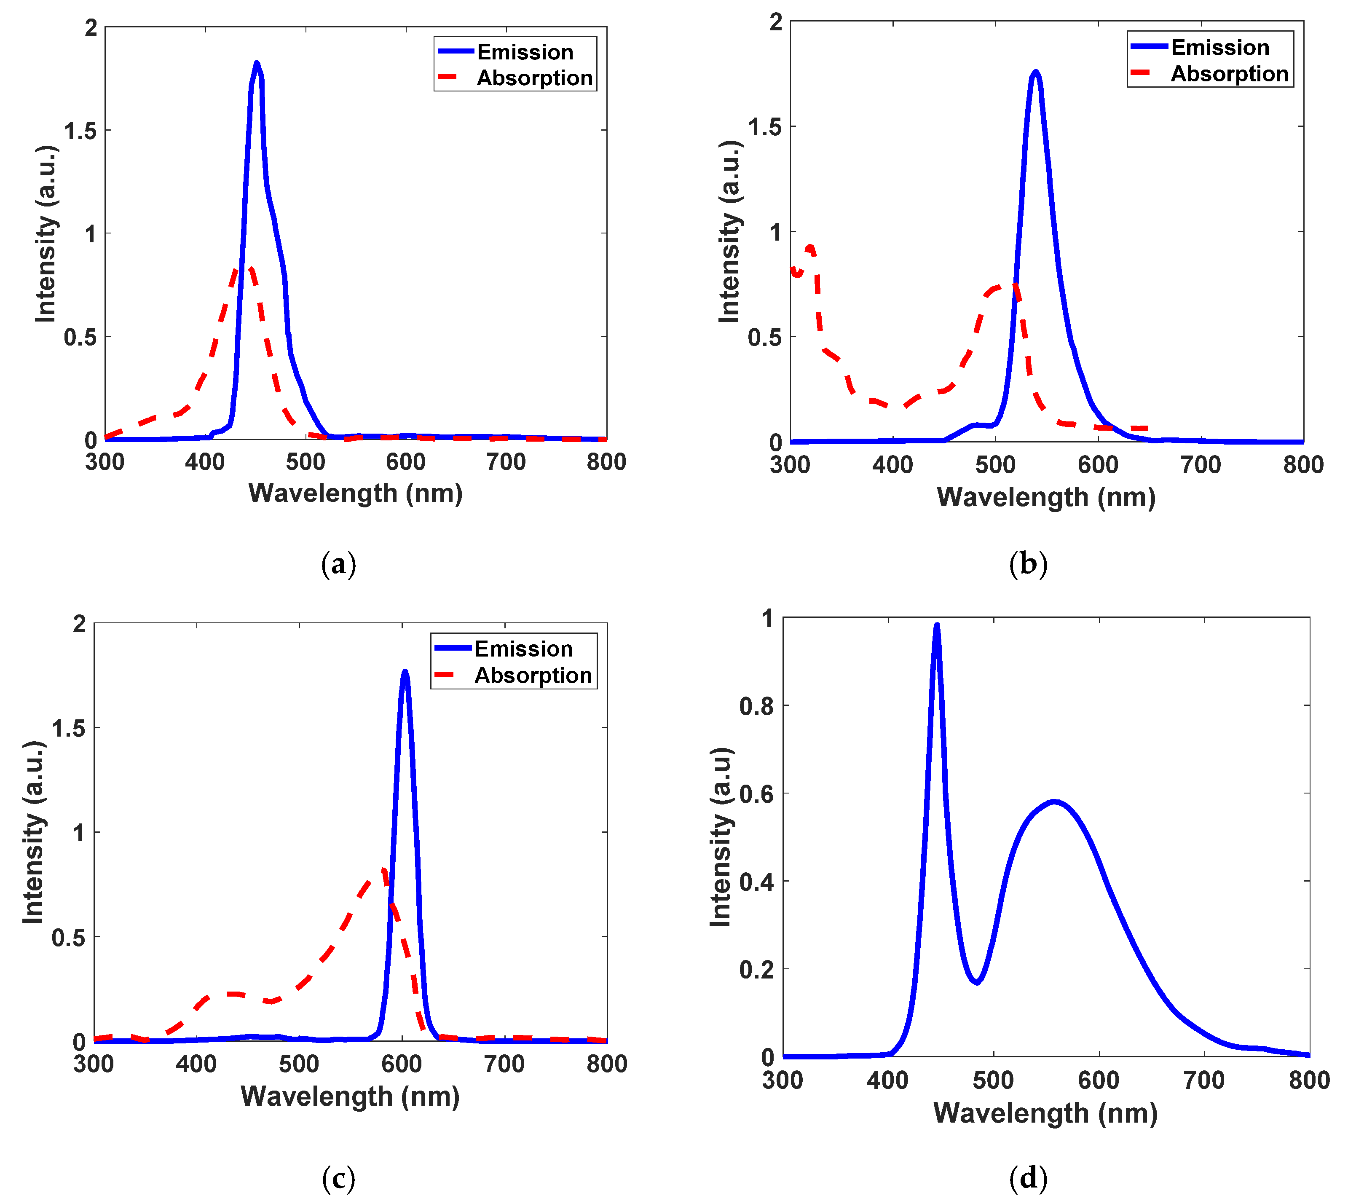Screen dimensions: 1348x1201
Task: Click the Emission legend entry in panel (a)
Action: pos(525,52)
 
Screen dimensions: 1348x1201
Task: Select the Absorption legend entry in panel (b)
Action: pos(1229,74)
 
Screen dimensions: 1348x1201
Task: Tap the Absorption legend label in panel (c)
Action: pos(533,676)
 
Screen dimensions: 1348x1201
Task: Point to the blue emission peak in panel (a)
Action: pos(257,64)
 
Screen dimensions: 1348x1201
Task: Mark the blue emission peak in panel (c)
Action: pos(405,673)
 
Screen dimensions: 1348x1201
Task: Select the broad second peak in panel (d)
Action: pos(1054,802)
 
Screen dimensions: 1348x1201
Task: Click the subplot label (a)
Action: pos(338,564)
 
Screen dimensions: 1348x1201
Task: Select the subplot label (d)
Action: pos(1028,1178)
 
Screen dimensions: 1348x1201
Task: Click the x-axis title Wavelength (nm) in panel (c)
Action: pos(350,1097)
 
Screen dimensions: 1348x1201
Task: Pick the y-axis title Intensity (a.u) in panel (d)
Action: pos(721,837)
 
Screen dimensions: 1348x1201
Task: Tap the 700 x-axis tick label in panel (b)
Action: pos(1200,465)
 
